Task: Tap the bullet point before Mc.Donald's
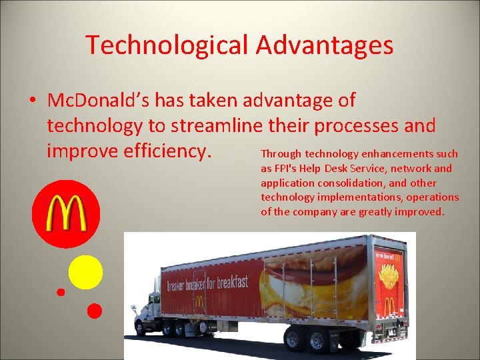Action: coord(32,101)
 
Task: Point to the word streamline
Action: coord(213,125)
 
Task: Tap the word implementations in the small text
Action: coord(358,197)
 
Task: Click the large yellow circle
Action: coord(85,272)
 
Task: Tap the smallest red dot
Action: coord(61,292)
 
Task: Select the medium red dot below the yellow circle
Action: coord(95,310)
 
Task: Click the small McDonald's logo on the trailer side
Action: coord(199,302)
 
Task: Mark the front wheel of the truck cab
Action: coord(141,327)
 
